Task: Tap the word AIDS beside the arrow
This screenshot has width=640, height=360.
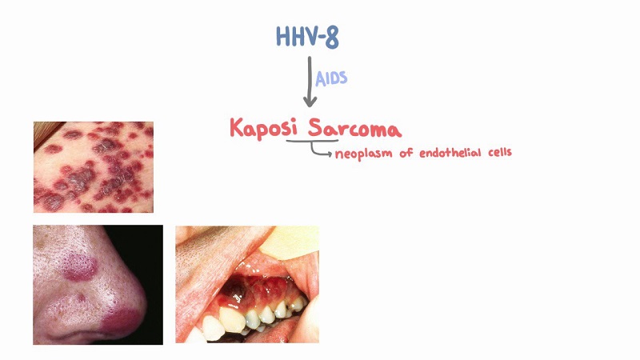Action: point(331,78)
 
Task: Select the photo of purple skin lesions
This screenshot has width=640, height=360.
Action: point(93,166)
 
